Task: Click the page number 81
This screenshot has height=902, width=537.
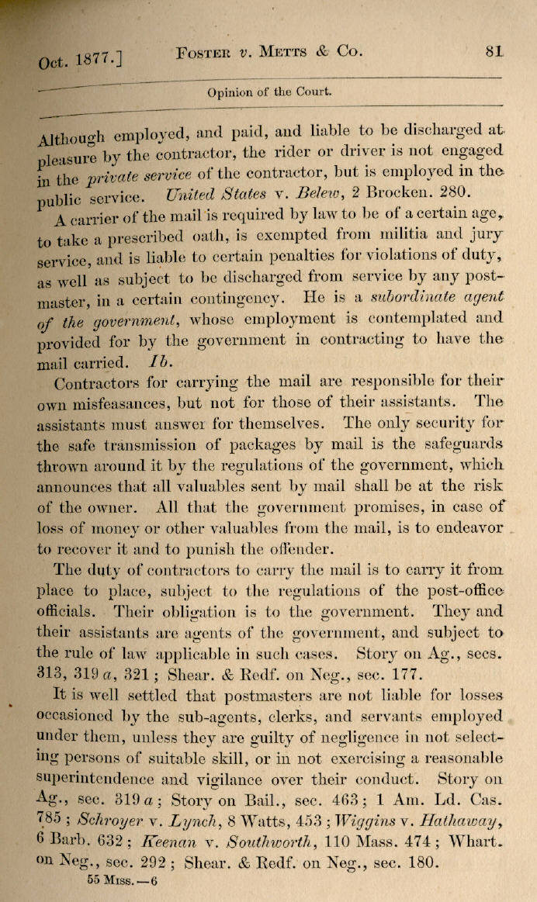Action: [x=494, y=52]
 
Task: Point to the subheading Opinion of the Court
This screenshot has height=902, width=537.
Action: [x=269, y=92]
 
